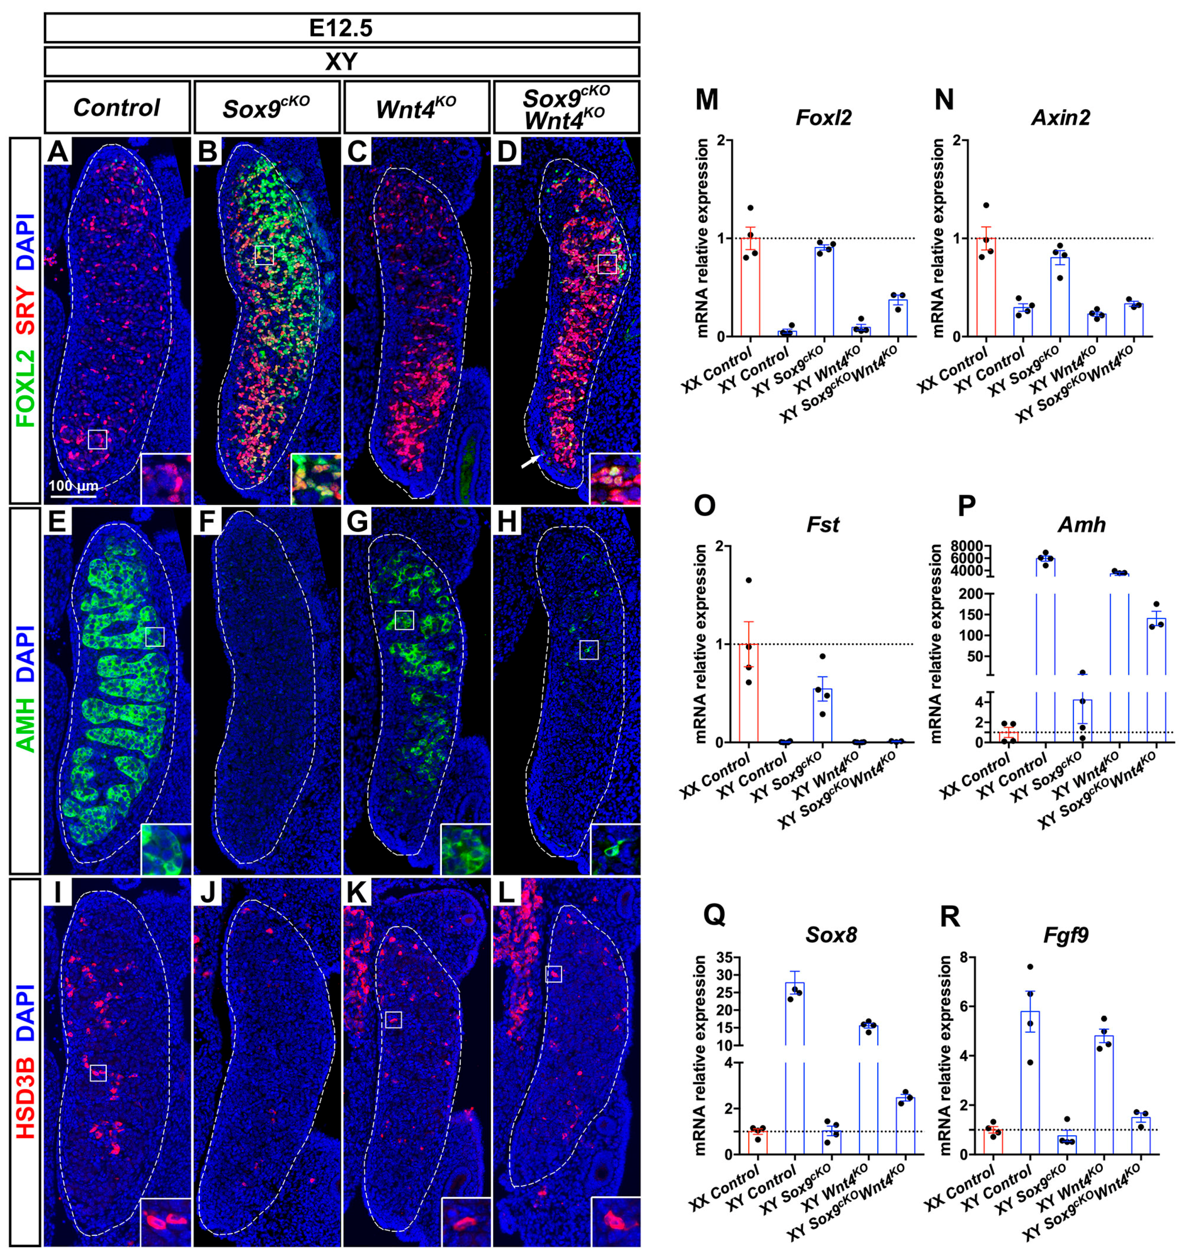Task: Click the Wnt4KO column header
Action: tap(416, 108)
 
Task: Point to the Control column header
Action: tap(117, 108)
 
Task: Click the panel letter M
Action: tap(707, 100)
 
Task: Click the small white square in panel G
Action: tap(404, 620)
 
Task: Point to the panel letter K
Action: tap(358, 894)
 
